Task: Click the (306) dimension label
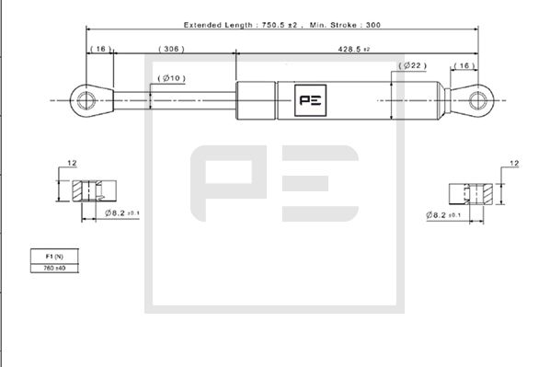tap(172, 48)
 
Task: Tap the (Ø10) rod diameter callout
tap(171, 77)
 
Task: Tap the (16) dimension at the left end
tap(99, 48)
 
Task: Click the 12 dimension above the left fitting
tap(71, 164)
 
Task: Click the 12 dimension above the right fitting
tap(514, 164)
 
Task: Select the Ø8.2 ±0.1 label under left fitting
tap(120, 212)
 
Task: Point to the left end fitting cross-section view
tap(93, 193)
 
